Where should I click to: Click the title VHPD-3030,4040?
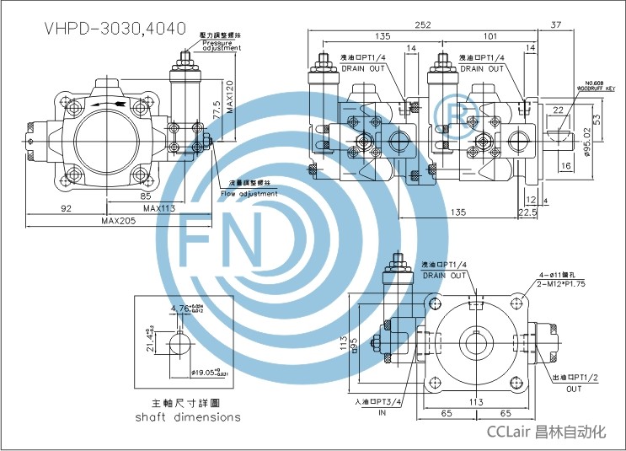tap(114, 27)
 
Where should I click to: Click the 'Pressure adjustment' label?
tap(221, 44)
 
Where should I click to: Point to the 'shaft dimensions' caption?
tap(187, 416)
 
